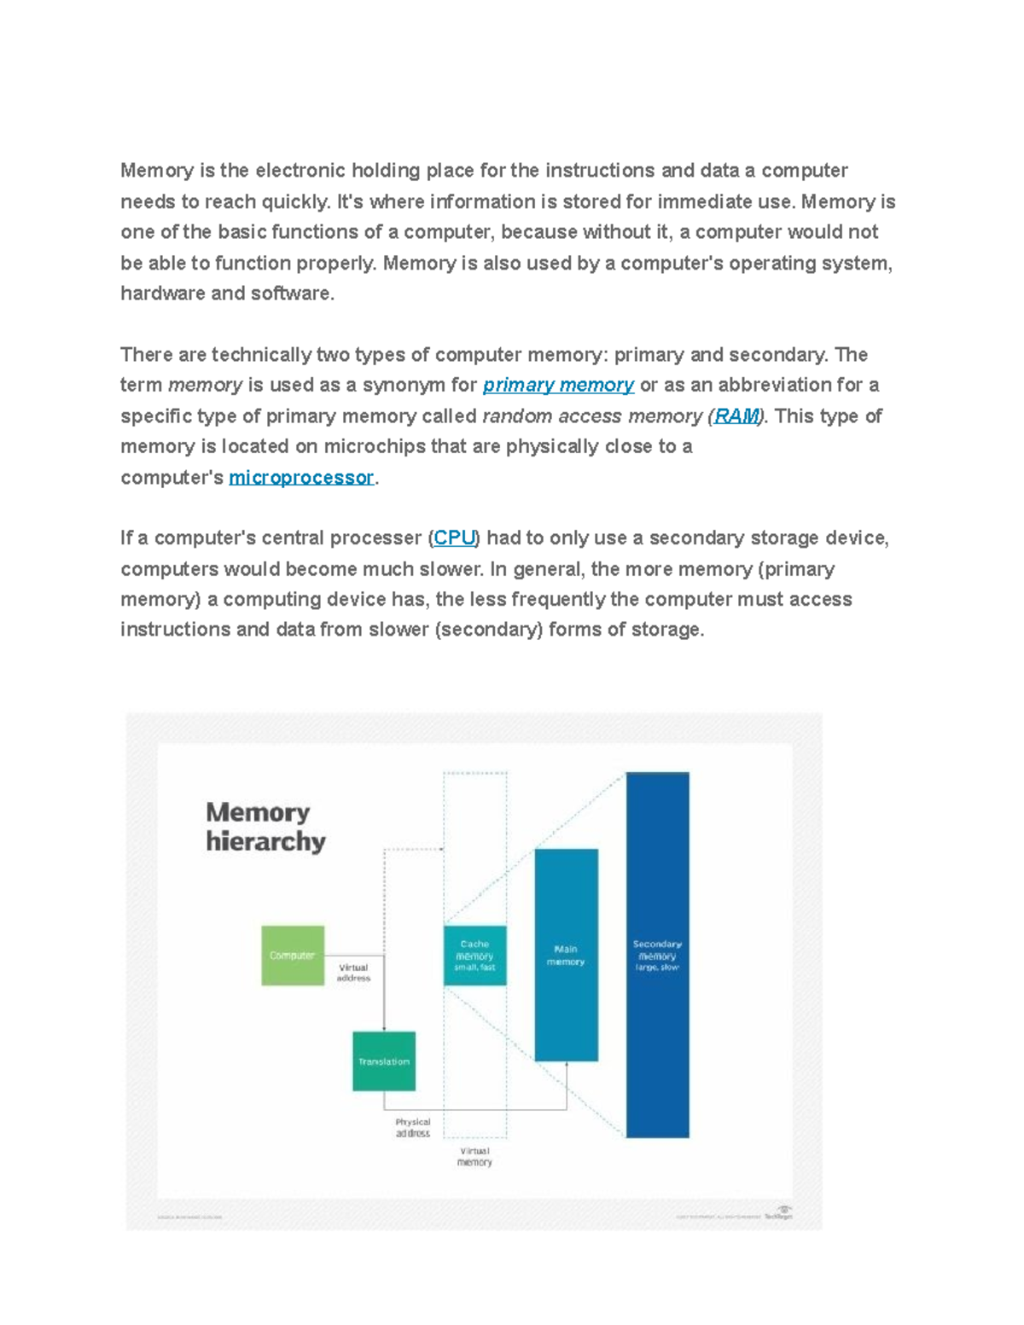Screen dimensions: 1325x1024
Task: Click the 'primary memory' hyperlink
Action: tap(558, 385)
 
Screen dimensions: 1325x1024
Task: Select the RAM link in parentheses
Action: tap(736, 416)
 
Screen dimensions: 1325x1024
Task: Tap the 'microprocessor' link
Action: tap(301, 477)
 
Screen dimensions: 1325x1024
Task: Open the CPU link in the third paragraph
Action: tap(454, 538)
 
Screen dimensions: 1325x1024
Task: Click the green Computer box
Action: tap(293, 956)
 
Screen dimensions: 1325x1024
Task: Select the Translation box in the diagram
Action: tap(384, 1061)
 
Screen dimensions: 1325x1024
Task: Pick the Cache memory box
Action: tap(474, 956)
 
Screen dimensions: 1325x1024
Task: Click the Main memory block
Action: tap(566, 955)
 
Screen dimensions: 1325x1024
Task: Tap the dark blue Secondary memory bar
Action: tap(657, 955)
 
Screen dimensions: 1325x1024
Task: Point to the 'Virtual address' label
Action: tap(353, 973)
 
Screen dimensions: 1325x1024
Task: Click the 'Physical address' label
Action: tap(413, 1128)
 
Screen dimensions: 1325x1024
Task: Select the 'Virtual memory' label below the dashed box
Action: tap(474, 1156)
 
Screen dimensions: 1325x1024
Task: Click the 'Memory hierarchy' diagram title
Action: tap(265, 827)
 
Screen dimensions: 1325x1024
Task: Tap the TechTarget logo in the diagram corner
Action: tap(779, 1214)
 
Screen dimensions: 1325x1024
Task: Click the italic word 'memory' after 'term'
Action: tap(206, 385)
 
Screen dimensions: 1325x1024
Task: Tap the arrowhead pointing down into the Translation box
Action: tap(384, 1028)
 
